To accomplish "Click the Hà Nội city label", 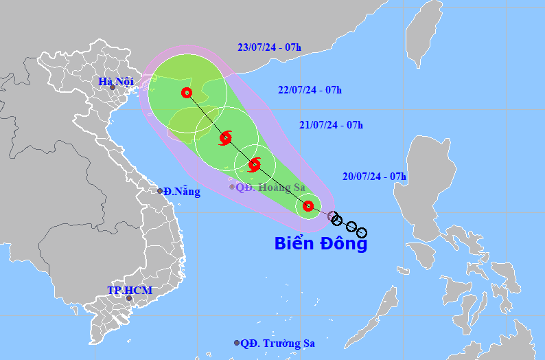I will [114, 82].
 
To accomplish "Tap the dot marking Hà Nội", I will [113, 88].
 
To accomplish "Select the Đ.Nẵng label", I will [182, 192].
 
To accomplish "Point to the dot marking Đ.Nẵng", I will [160, 191].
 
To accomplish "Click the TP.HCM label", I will [129, 291].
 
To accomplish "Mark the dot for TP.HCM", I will [128, 298].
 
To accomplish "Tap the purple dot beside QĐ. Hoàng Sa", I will [232, 186].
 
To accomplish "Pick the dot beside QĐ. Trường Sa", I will [237, 343].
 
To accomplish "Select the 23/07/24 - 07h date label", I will [269, 47].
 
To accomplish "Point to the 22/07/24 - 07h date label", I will [310, 89].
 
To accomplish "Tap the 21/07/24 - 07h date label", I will [331, 125].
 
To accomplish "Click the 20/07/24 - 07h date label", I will [374, 177].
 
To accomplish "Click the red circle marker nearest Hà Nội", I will [186, 93].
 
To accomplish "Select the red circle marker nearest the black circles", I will [308, 205].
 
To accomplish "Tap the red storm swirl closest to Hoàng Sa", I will [255, 164].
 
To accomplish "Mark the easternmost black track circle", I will [362, 233].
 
